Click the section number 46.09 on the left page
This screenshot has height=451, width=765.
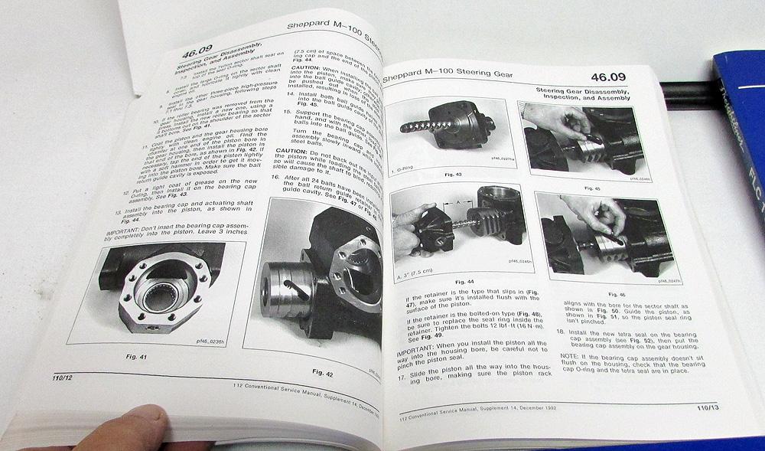click(x=201, y=56)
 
